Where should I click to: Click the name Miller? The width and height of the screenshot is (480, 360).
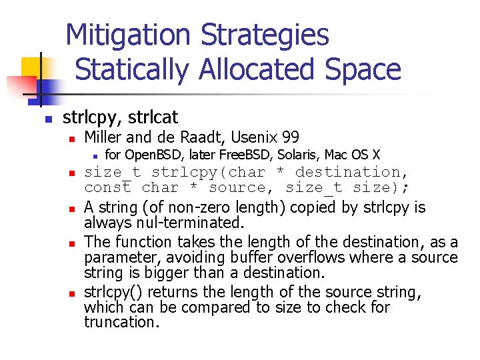[x=104, y=138]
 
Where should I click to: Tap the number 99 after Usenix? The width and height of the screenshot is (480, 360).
[x=291, y=138]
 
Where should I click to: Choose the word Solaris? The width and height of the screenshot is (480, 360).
[x=302, y=155]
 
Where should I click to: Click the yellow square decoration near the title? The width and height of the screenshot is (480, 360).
[x=32, y=68]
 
